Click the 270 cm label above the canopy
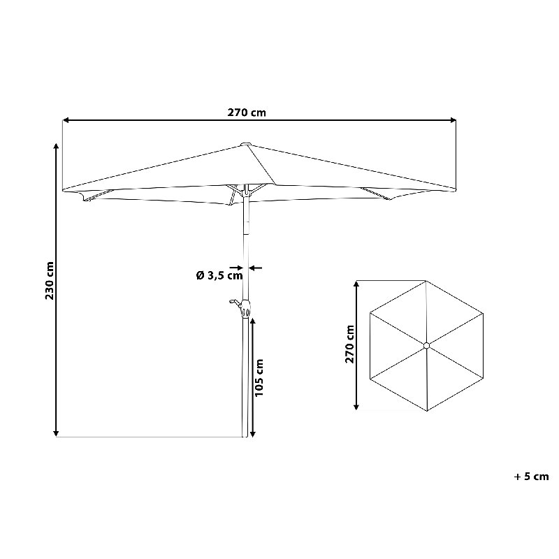point(247,112)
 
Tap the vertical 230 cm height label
point(50,281)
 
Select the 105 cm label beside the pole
point(259,377)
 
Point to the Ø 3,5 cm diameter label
point(219,275)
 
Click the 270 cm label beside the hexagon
point(350,344)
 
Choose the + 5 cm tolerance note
point(531,477)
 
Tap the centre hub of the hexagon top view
point(427,345)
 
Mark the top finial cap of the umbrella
point(246,144)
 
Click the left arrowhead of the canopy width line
point(65,120)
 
